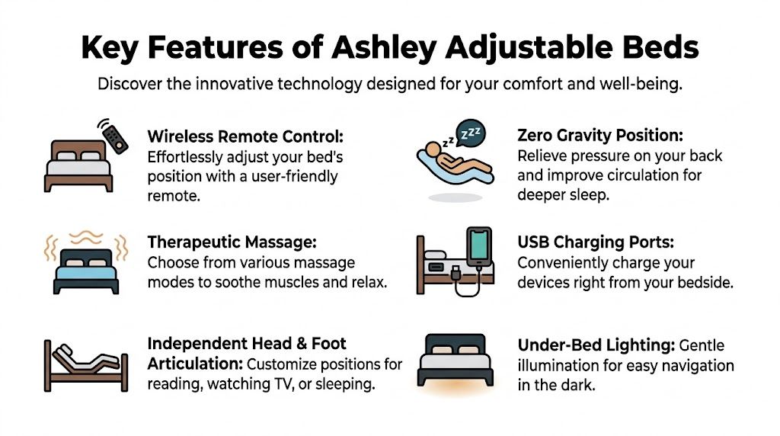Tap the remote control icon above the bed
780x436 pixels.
(114, 136)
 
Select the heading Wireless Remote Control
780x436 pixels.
(245, 137)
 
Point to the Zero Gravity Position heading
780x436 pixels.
(600, 136)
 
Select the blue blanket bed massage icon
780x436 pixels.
(85, 266)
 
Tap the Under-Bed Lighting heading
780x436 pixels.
(595, 345)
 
